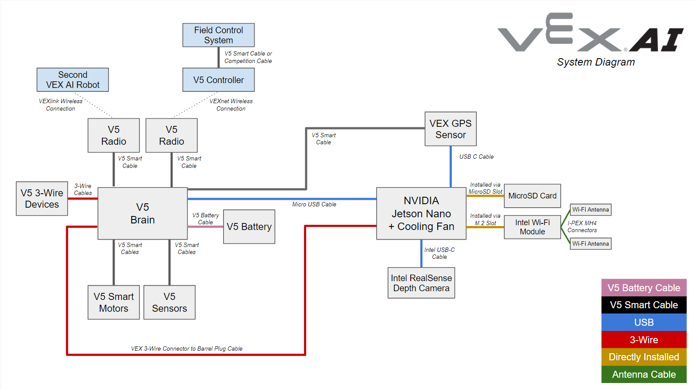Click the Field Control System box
pyautogui.click(x=218, y=35)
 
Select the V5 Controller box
pyautogui.click(x=218, y=80)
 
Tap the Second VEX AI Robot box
pyautogui.click(x=73, y=80)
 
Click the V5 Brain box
pyautogui.click(x=143, y=213)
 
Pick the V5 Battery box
pyautogui.click(x=249, y=226)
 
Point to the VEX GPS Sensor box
pyautogui.click(x=451, y=129)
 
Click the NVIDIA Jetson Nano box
pyautogui.click(x=421, y=213)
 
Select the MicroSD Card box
pyautogui.click(x=532, y=196)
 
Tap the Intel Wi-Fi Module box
pyautogui.click(x=532, y=227)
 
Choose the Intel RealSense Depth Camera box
pyautogui.click(x=421, y=283)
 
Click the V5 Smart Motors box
pyautogui.click(x=114, y=302)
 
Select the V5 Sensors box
pyautogui.click(x=169, y=302)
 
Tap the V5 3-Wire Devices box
pyautogui.click(x=42, y=198)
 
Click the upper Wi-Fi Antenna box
pyautogui.click(x=590, y=210)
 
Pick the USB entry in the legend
pyautogui.click(x=644, y=322)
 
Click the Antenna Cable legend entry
pyautogui.click(x=644, y=374)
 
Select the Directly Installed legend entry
pyautogui.click(x=644, y=357)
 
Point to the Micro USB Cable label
pyautogui.click(x=314, y=204)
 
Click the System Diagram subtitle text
pyautogui.click(x=596, y=62)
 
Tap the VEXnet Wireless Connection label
pyautogui.click(x=231, y=105)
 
